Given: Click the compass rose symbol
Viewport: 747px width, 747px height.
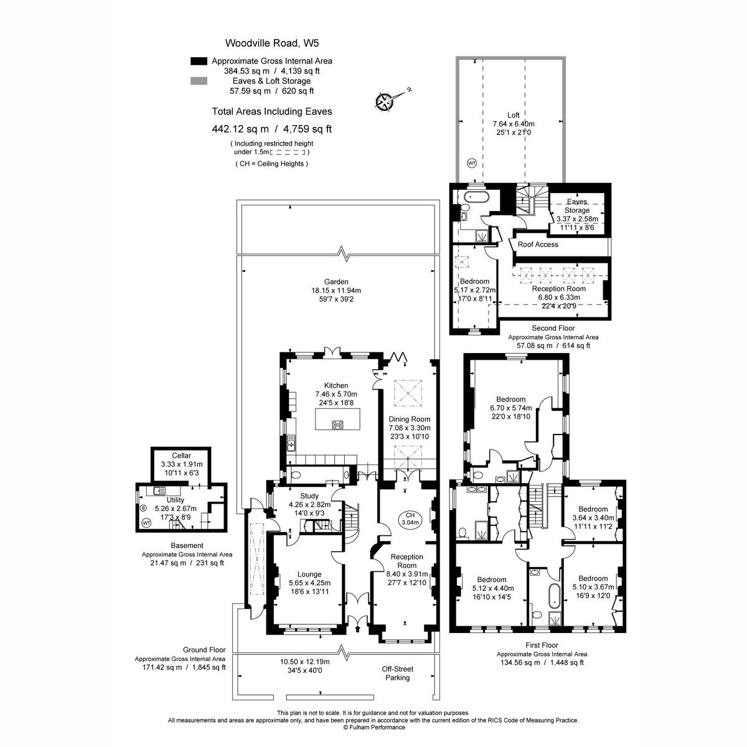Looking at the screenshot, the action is tap(385, 101).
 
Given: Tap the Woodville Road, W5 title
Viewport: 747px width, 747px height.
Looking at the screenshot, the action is tap(272, 43).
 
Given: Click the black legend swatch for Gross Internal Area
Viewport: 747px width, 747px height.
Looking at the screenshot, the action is tap(199, 61).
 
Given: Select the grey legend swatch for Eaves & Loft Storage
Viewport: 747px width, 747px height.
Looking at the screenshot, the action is tap(199, 81).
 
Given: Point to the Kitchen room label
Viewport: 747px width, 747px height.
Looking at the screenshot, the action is tap(336, 385).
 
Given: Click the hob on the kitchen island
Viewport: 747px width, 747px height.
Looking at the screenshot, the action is tap(337, 425).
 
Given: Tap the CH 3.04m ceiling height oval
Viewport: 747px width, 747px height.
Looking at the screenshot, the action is tap(410, 519).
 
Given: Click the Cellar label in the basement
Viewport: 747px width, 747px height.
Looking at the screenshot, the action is tap(181, 456).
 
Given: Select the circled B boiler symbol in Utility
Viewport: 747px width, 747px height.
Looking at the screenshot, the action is tap(143, 508).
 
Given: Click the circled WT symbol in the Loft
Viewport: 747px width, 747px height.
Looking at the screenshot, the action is tap(472, 163).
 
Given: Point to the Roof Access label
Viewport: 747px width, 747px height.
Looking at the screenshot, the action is tap(538, 245).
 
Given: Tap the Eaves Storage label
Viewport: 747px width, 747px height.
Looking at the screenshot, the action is tap(577, 206).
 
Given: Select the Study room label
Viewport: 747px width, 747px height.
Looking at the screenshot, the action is tap(309, 496).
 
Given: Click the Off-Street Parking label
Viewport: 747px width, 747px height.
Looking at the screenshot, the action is tap(397, 674).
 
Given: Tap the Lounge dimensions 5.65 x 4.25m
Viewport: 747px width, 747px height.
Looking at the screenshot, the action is tap(309, 583).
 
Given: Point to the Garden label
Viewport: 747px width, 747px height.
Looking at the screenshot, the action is tap(336, 282).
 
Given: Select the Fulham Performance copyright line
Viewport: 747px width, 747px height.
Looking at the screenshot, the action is tap(374, 728).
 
